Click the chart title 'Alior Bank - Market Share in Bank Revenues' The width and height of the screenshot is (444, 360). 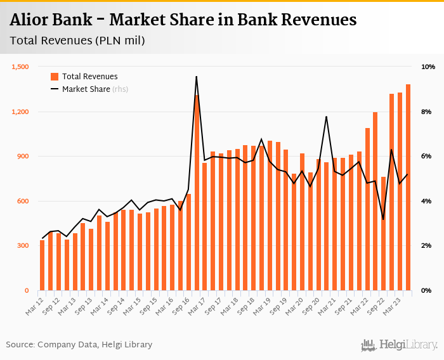(x=183, y=20)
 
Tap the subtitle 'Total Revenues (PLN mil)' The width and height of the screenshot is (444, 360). (x=77, y=41)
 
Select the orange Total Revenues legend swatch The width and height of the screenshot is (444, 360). (x=55, y=77)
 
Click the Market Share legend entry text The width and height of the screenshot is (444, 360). (x=86, y=89)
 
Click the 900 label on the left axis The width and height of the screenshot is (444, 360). (x=23, y=157)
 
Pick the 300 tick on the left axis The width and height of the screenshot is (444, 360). (x=23, y=246)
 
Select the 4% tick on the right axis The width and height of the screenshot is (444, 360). (x=426, y=202)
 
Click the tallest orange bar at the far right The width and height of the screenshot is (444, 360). (x=408, y=188)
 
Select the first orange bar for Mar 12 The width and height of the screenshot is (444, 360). (x=42, y=266)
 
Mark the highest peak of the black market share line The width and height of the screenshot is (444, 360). (x=197, y=77)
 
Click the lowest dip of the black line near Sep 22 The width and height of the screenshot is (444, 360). (x=383, y=219)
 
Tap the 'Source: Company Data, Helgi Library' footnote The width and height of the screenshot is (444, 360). (x=79, y=345)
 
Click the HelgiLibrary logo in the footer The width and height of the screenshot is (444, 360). (x=400, y=345)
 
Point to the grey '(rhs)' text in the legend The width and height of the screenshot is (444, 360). (x=121, y=89)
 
